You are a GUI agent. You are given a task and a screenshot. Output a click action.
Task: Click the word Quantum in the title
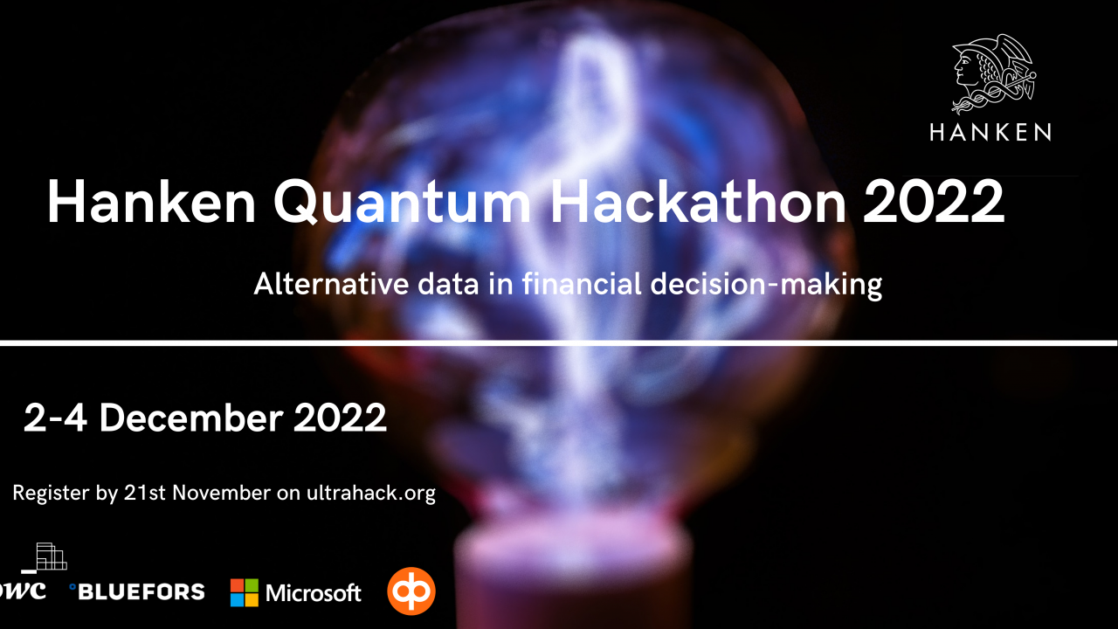tap(402, 202)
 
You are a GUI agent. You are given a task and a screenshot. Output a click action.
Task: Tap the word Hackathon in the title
tap(698, 201)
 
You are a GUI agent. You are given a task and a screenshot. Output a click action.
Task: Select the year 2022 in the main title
tap(934, 202)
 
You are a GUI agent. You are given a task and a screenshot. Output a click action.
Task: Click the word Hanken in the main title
tap(151, 202)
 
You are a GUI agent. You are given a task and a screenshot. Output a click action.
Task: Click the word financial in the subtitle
tap(582, 284)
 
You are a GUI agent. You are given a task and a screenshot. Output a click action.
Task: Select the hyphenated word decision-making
tap(766, 285)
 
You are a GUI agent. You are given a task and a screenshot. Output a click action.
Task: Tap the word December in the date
tap(191, 418)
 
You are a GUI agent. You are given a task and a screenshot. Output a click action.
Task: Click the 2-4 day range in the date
tap(55, 418)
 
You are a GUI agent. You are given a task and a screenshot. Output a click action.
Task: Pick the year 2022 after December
tap(340, 418)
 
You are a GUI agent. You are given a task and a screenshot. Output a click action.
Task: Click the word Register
tap(51, 494)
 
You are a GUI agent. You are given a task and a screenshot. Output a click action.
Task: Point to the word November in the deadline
tap(222, 493)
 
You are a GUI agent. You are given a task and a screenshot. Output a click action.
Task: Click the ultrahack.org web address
tap(371, 494)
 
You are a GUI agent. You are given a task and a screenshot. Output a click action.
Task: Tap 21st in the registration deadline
tap(145, 493)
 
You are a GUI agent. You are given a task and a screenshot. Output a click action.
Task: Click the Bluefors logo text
tap(137, 591)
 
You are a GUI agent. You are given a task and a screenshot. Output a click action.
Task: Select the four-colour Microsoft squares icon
tap(245, 592)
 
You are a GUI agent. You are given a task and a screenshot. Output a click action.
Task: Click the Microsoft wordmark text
tap(314, 593)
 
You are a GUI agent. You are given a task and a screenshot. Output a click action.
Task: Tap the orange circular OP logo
tap(411, 591)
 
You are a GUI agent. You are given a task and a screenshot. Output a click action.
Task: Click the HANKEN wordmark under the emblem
tap(990, 132)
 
